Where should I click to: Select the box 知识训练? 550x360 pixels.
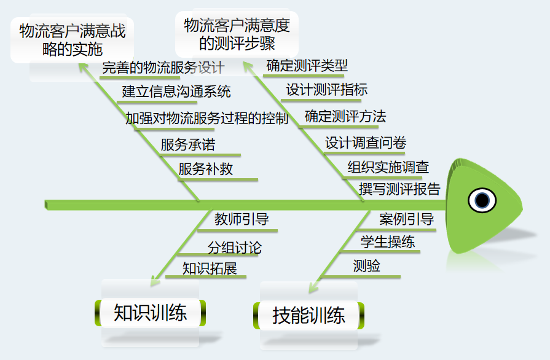[x=150, y=313]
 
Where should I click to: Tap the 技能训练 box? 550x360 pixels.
[x=308, y=315]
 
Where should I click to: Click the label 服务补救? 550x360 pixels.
[x=206, y=169]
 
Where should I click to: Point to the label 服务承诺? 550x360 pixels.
[x=188, y=145]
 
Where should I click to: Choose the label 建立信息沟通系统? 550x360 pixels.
[x=176, y=92]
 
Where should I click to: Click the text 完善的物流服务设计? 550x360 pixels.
[x=163, y=68]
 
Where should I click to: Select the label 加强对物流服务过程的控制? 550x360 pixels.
[x=207, y=119]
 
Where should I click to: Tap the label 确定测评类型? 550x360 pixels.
[x=307, y=65]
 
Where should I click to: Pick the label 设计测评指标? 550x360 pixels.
[x=327, y=90]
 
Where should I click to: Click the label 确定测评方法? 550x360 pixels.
[x=345, y=116]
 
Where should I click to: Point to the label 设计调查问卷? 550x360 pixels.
[x=366, y=143]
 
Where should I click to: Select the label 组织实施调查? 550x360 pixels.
[x=388, y=167]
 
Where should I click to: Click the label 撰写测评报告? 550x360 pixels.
[x=400, y=189]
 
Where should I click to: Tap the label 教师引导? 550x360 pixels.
[x=242, y=219]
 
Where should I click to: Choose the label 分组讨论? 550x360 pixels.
[x=234, y=248]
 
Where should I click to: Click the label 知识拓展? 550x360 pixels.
[x=210, y=268]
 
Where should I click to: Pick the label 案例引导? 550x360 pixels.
[x=407, y=219]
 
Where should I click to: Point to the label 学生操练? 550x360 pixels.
[x=388, y=242]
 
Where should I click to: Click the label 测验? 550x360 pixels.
[x=366, y=266]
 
